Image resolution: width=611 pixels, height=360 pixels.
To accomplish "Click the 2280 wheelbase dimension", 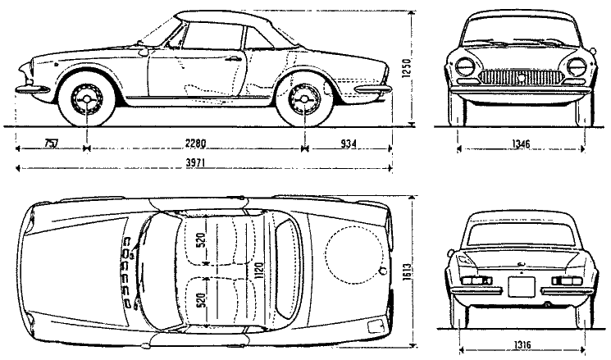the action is coord(195,144).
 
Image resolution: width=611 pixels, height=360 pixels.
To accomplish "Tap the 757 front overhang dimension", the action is coord(51,144).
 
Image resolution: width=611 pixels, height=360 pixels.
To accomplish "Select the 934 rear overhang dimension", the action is coord(349,144).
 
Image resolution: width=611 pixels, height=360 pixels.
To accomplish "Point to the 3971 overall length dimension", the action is coord(196,163).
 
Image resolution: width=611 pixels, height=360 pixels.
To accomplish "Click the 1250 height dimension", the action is coord(407,70).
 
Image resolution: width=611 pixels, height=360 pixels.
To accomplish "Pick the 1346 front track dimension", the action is coord(521,144).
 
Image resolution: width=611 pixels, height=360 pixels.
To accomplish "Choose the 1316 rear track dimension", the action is coord(522,344).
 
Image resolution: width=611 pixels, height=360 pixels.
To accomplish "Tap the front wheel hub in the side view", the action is coord(86,99).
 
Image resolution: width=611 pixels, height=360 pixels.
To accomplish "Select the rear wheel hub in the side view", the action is coord(304,99).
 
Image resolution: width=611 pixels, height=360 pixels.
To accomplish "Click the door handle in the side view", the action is coord(233,59).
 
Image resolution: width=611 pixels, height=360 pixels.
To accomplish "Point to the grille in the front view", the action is coord(521,77).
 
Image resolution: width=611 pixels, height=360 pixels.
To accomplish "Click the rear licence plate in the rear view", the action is coord(522,287).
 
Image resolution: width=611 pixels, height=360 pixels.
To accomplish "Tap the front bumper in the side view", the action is coord(33,90).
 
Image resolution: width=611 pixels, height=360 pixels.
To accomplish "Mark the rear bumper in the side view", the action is coord(373,89).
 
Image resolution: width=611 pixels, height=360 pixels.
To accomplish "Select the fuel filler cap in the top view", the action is coord(383,271).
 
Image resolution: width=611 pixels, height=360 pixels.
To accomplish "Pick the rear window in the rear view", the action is coord(521,235).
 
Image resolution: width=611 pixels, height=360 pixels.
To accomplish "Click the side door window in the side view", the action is coord(212,35).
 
